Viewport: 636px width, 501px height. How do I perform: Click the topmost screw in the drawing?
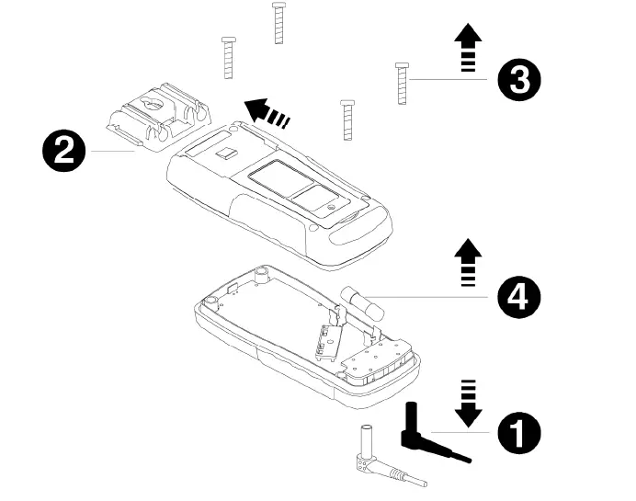(x=277, y=22)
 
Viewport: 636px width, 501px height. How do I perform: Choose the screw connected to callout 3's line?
(x=402, y=83)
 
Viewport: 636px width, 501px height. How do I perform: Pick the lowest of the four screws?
(x=347, y=120)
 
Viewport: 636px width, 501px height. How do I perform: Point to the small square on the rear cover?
(x=223, y=154)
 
